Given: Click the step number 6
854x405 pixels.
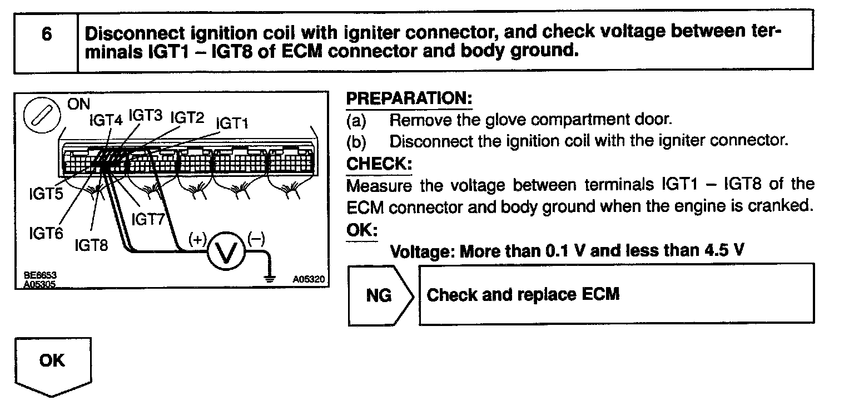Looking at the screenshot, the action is (47, 34).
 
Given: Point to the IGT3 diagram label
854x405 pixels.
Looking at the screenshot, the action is (145, 115).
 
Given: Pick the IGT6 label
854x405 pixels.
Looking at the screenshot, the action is (46, 233).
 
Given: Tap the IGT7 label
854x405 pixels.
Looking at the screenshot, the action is (148, 219).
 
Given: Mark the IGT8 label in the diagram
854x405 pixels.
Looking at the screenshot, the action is (91, 245).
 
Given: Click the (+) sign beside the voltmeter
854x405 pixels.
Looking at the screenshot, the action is (198, 239).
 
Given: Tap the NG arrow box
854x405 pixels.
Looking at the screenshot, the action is (380, 295).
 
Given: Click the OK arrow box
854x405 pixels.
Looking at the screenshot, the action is (53, 364).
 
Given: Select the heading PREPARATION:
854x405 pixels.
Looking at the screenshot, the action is (409, 100).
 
